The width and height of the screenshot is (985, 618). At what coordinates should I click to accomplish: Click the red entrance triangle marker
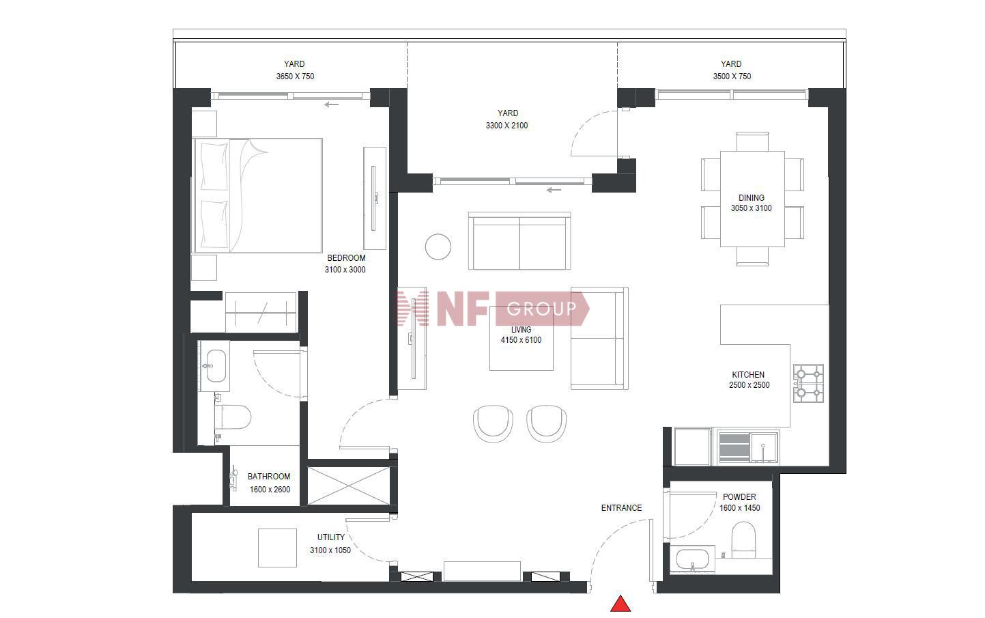(620, 604)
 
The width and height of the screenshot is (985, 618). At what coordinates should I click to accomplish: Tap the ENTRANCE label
(621, 508)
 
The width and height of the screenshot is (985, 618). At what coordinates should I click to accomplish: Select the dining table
(752, 199)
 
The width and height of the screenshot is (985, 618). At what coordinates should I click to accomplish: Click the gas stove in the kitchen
(809, 383)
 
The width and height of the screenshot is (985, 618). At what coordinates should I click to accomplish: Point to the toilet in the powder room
(743, 539)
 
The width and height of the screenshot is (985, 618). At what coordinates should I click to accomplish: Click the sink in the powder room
(693, 559)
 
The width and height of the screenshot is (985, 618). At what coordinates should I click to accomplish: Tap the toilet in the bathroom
(233, 417)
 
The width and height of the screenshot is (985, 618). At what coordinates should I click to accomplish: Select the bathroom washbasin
(216, 366)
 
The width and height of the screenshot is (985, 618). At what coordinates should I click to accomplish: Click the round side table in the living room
(438, 247)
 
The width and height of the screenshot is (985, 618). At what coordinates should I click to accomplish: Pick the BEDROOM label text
(346, 258)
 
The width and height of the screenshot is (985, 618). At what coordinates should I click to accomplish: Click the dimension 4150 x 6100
(521, 340)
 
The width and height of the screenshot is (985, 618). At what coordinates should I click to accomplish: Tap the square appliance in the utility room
(277, 548)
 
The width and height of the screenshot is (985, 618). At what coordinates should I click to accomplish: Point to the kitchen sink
(765, 448)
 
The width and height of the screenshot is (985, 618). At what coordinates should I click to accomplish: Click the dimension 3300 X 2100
(506, 126)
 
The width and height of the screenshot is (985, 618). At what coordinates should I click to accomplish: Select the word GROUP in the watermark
(541, 309)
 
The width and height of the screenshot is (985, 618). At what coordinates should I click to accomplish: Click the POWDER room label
(740, 497)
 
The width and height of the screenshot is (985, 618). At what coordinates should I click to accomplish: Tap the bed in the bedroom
(257, 196)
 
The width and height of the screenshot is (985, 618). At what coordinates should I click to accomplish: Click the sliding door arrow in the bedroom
(332, 104)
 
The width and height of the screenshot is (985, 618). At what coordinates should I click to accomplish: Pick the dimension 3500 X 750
(732, 76)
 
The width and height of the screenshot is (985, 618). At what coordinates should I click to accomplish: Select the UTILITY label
(330, 537)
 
